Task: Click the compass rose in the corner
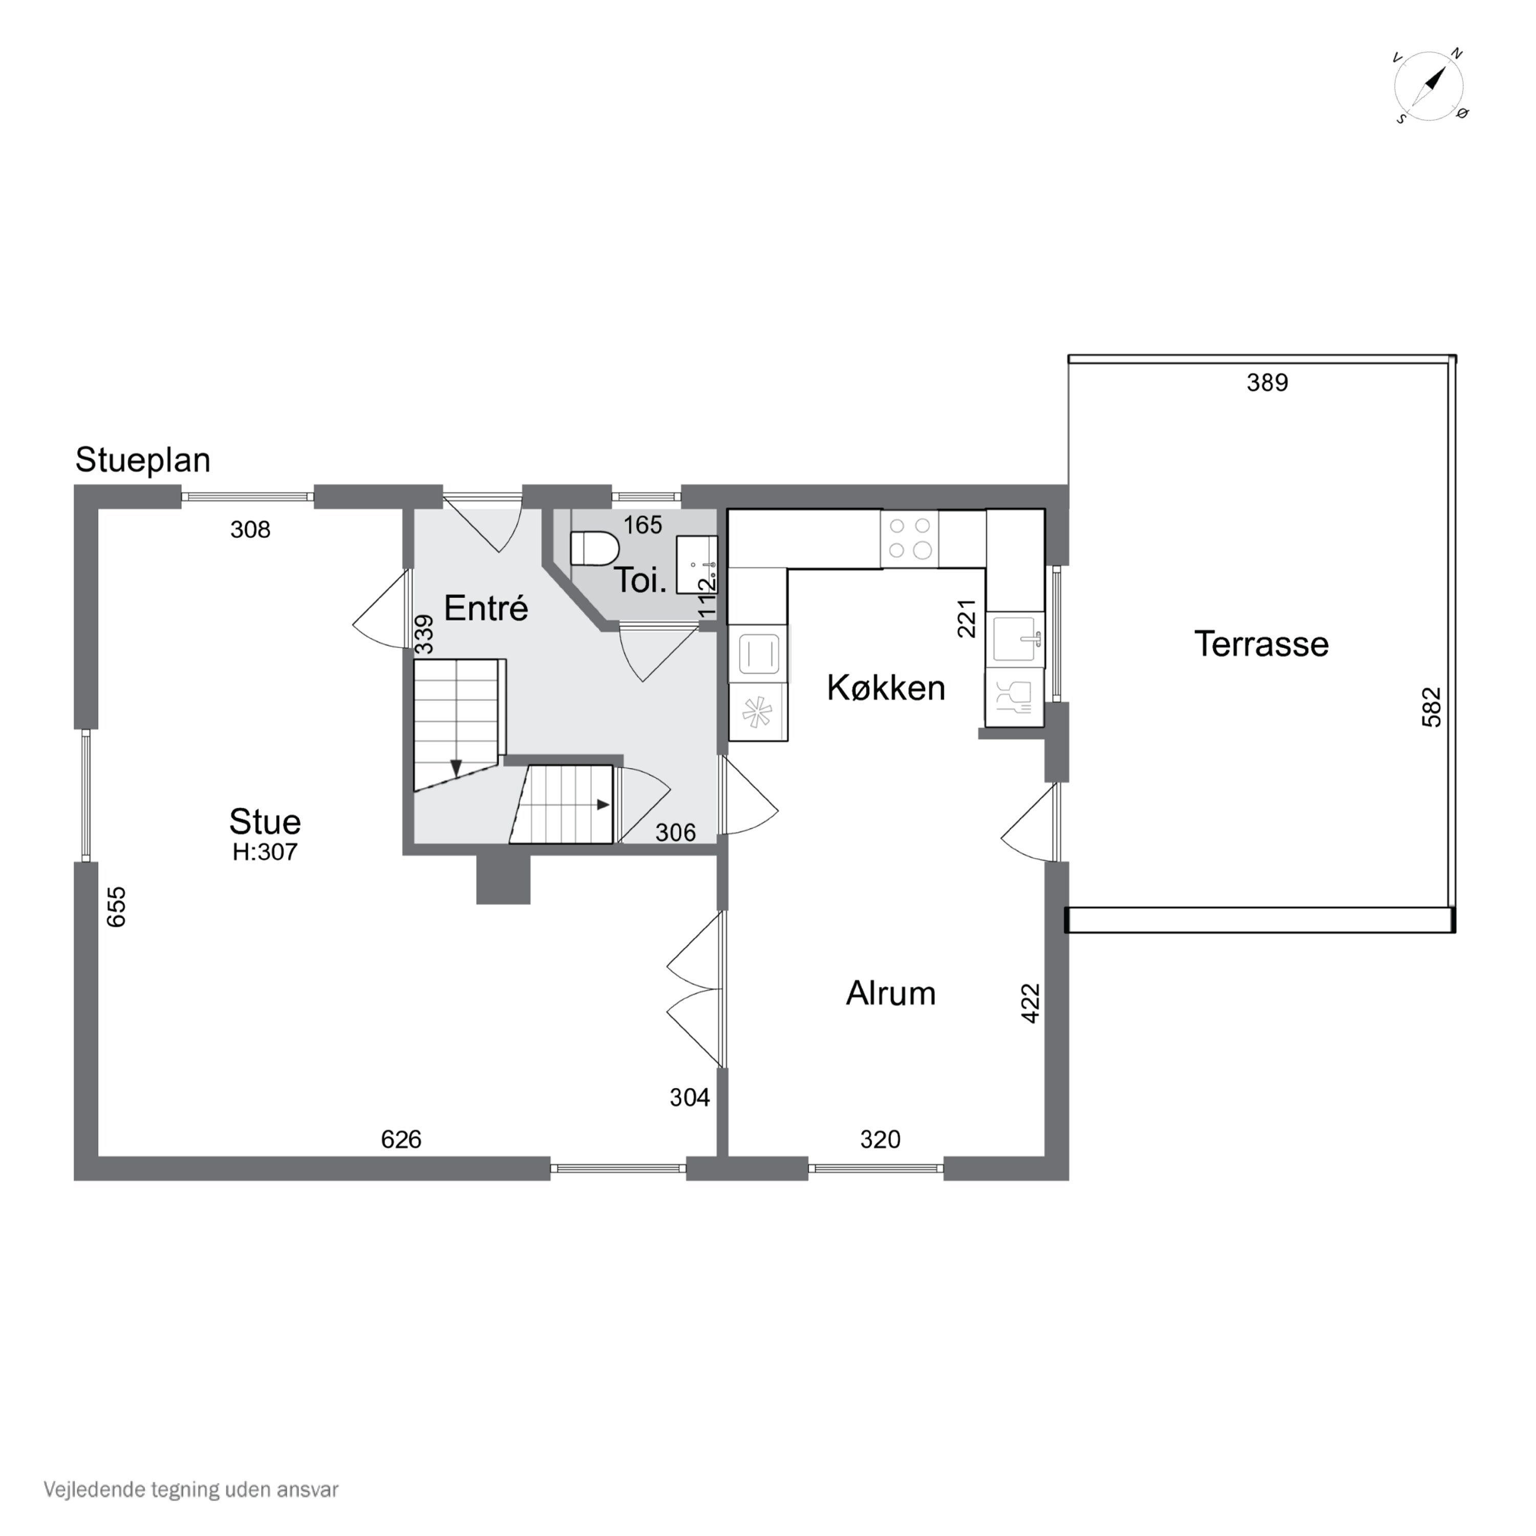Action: pyautogui.click(x=1430, y=87)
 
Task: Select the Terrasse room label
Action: pyautogui.click(x=1261, y=644)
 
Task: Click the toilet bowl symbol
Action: pyautogui.click(x=594, y=548)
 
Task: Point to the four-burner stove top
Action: pyautogui.click(x=909, y=538)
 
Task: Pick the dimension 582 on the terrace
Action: pyautogui.click(x=1431, y=707)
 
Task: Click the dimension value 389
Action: pyautogui.click(x=1267, y=383)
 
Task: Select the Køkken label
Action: pyautogui.click(x=886, y=688)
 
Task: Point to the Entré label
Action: pyautogui.click(x=486, y=608)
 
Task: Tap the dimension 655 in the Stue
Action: pyautogui.click(x=116, y=907)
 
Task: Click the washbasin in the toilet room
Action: pyautogui.click(x=696, y=564)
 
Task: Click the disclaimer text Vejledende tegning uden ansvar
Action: pyautogui.click(x=191, y=1490)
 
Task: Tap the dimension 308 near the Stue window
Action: pyautogui.click(x=250, y=529)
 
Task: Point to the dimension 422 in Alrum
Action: pyautogui.click(x=1030, y=1004)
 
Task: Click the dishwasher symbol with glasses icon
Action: pyautogui.click(x=1014, y=696)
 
